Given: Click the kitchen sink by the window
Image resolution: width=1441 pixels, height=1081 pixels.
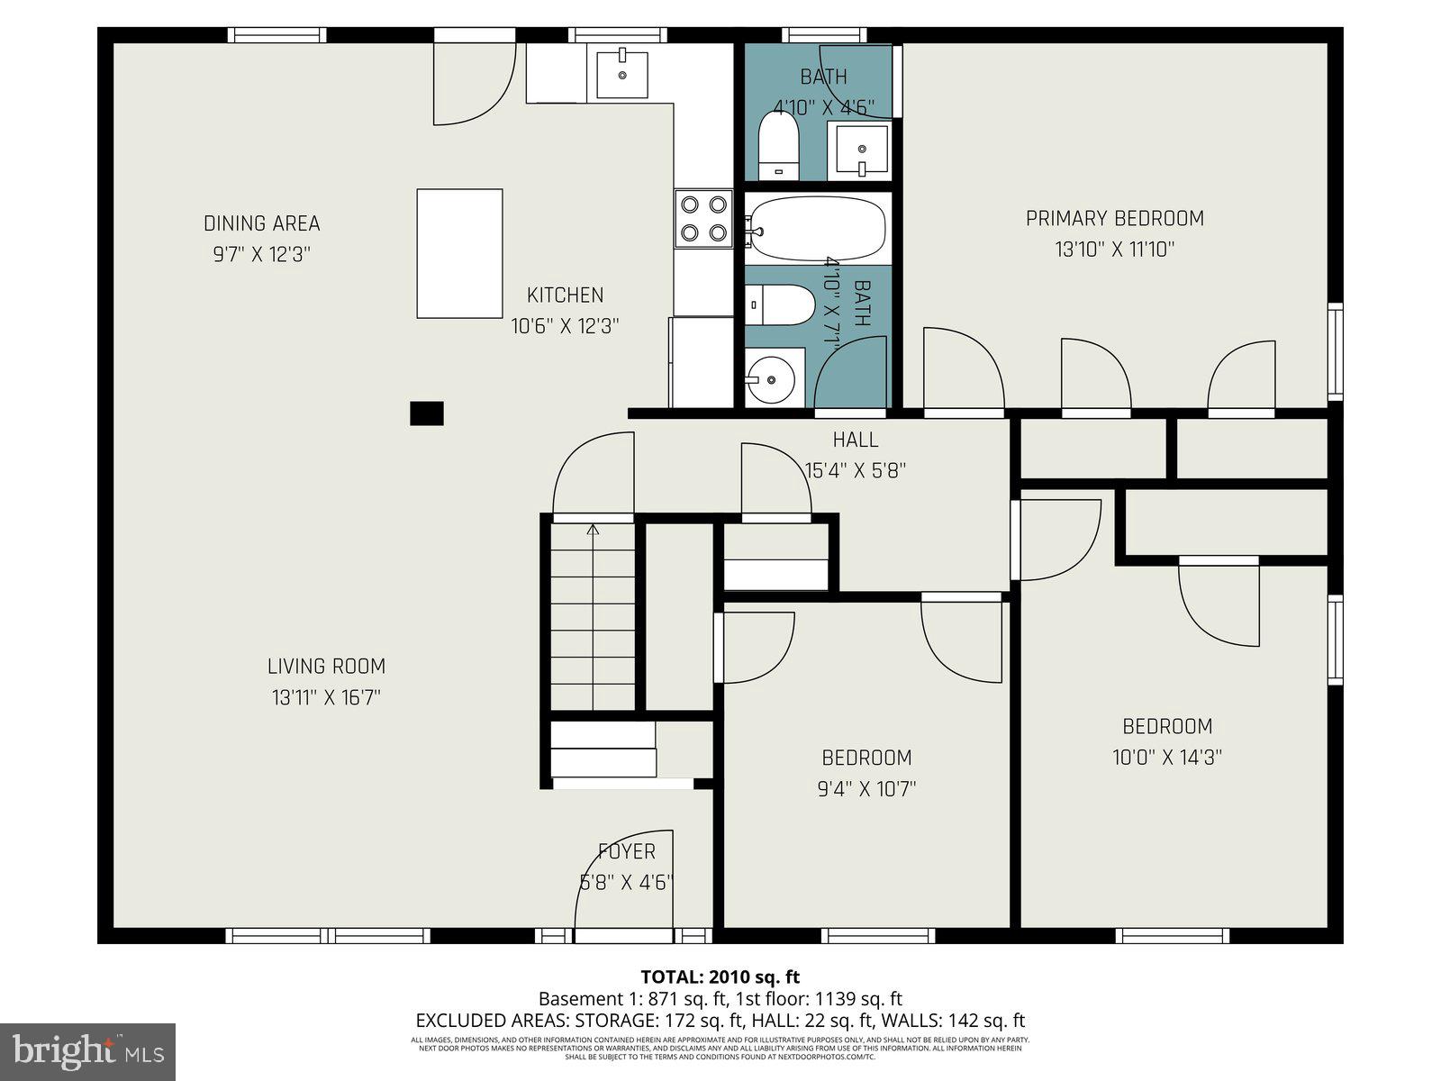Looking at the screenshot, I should [x=621, y=75].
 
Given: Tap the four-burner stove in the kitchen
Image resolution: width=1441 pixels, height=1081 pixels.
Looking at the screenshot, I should [x=703, y=218].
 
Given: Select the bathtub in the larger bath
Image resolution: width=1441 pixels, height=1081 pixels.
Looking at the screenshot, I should [x=817, y=229].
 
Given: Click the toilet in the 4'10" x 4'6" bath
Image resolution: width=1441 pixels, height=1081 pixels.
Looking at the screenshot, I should [x=778, y=144].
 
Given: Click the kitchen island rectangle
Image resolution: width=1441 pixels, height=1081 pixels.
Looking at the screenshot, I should [x=459, y=253].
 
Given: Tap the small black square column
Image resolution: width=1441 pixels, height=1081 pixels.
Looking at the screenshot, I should [x=427, y=413].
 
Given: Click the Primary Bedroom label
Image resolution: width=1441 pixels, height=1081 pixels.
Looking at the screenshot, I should [x=1114, y=218].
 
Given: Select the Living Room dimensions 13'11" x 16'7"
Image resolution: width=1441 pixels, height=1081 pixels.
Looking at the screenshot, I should [x=327, y=697].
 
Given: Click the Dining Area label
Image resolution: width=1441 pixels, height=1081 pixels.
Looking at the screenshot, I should [x=261, y=223].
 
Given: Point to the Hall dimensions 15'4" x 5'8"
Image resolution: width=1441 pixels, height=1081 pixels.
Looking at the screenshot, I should [x=855, y=470].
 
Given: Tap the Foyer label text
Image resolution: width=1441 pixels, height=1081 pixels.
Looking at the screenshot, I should [x=627, y=851].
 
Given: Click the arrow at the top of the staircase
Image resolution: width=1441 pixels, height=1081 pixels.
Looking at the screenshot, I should [x=593, y=531].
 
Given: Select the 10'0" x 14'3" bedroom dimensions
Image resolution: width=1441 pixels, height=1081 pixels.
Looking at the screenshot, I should [x=1166, y=758].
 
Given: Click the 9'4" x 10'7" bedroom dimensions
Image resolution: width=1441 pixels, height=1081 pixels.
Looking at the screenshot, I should [x=866, y=789].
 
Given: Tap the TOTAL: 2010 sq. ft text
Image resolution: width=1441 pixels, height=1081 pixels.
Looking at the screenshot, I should [x=720, y=977].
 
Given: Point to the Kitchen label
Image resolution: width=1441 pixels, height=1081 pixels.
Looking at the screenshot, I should [x=565, y=295].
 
